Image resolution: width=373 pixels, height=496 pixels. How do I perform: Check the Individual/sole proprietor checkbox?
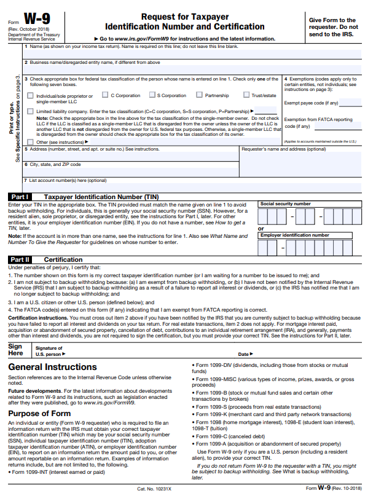pyautogui.click(x=31, y=96)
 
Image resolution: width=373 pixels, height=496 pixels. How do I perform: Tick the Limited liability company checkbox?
pyautogui.click(x=31, y=111)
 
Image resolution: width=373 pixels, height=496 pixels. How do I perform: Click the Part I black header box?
pyautogui.click(x=19, y=197)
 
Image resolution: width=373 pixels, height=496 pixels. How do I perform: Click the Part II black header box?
pyautogui.click(x=19, y=259)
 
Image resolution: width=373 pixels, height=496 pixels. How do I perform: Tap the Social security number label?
pyautogui.click(x=285, y=203)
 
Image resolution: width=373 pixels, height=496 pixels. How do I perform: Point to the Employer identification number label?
pyautogui.click(x=294, y=235)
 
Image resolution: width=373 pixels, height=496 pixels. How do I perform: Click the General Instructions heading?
pyautogui.click(x=52, y=367)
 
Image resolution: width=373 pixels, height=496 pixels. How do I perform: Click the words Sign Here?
pyautogui.click(x=15, y=350)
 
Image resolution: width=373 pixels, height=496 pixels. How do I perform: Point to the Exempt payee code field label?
pyautogui.click(x=311, y=103)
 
